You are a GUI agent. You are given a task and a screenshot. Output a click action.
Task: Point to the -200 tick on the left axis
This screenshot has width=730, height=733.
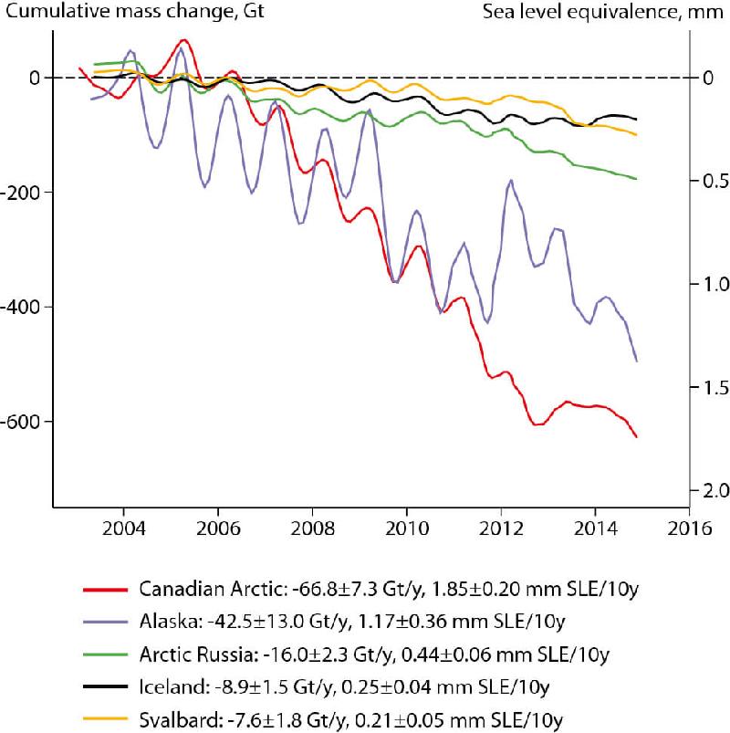(24, 193)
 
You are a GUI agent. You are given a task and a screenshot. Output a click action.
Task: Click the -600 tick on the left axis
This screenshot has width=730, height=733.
(24, 422)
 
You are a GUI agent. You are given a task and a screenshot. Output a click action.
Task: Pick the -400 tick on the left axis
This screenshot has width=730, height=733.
(24, 307)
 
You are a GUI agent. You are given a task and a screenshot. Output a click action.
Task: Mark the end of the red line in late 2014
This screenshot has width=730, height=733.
(637, 436)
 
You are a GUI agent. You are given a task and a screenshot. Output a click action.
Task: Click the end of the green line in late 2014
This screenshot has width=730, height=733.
(637, 179)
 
